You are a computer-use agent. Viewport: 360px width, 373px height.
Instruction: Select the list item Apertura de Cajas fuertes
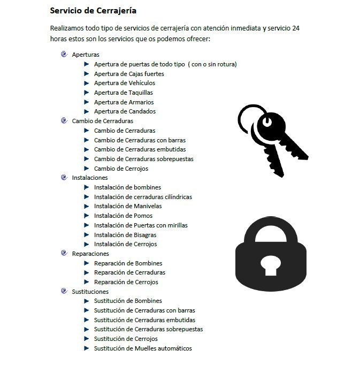[129, 74]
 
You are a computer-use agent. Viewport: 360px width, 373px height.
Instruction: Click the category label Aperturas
[86, 55]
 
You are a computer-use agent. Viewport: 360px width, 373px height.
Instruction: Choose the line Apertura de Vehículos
[125, 83]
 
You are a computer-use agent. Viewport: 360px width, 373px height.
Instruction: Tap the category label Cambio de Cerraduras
[103, 121]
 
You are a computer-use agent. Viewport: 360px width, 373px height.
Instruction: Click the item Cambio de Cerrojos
[121, 169]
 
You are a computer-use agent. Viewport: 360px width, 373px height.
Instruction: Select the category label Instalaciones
[90, 178]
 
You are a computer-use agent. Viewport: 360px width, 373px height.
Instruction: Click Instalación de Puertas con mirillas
[141, 225]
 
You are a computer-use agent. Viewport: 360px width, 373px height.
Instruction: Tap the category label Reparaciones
[90, 254]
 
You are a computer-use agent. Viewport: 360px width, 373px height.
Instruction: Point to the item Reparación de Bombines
[128, 263]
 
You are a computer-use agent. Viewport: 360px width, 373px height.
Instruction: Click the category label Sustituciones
[90, 292]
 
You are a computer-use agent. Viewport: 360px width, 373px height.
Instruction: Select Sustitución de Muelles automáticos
[143, 348]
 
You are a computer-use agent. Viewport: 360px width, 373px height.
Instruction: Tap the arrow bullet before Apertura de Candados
[87, 111]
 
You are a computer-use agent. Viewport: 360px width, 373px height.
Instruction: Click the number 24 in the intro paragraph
[296, 28]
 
